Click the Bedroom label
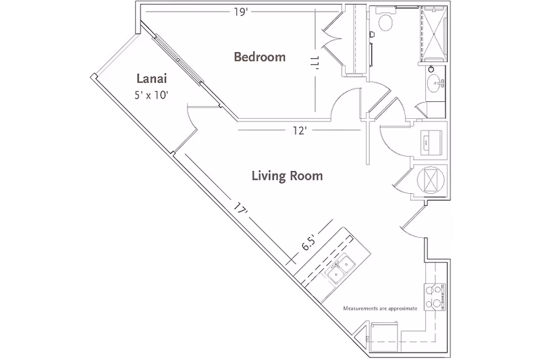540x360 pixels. (x=259, y=57)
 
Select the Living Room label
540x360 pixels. (x=287, y=176)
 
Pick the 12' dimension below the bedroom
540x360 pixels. (x=300, y=130)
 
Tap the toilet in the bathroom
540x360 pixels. (x=387, y=23)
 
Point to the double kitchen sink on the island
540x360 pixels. (x=338, y=269)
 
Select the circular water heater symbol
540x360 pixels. (x=431, y=180)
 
